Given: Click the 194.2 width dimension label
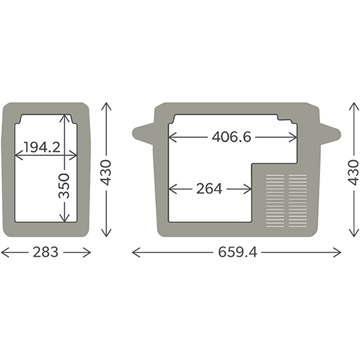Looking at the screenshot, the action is point(42,147).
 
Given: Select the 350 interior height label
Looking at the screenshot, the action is point(64,186).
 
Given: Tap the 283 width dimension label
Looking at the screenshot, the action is point(45,252).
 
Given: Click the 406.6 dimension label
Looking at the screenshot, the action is point(231,137).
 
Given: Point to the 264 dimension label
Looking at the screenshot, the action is point(209,189).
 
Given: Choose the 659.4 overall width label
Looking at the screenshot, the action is point(238,252).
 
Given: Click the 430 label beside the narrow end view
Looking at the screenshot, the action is point(106,173).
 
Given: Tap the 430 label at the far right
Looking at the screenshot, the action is point(354,173).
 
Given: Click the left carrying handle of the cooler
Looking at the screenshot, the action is point(143,134).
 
